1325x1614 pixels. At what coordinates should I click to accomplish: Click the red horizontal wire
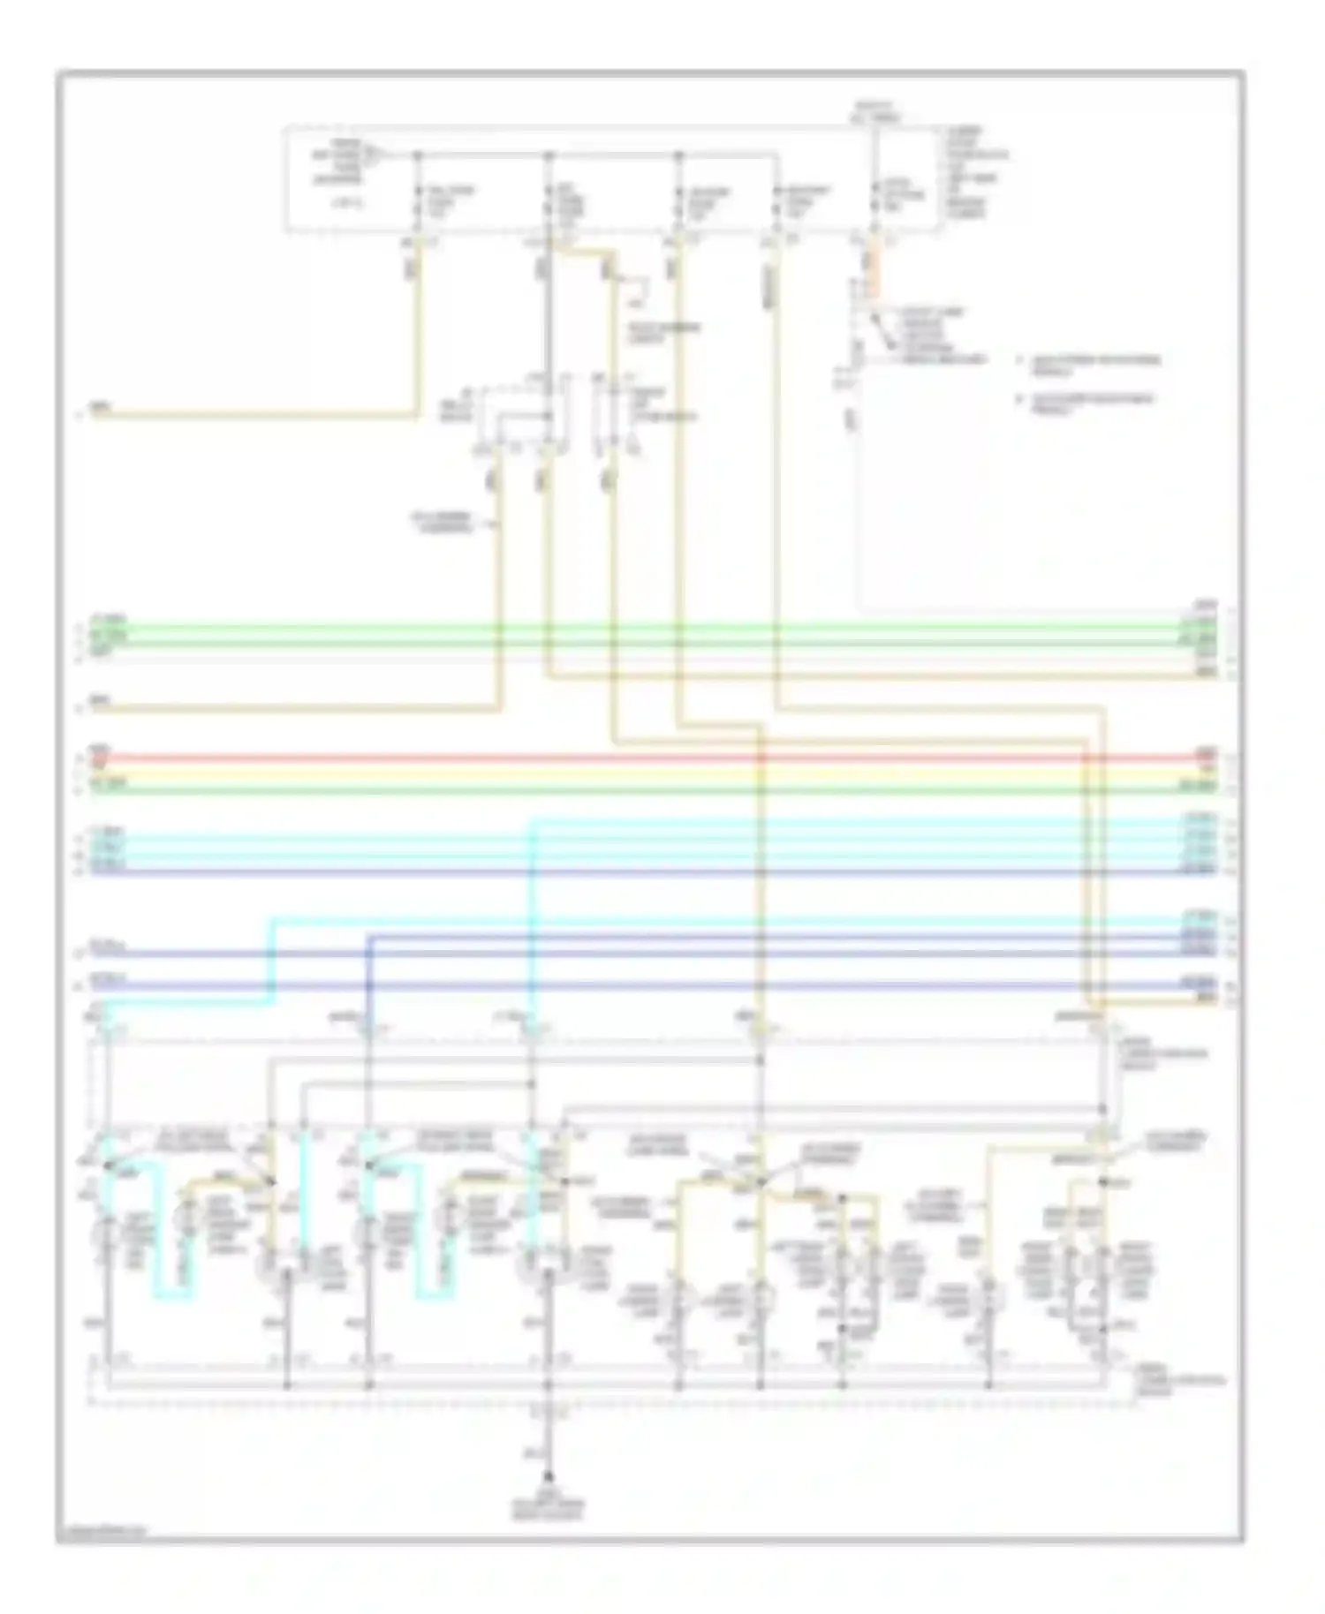pos(618,757)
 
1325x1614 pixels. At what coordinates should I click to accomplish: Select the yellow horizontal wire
pos(618,773)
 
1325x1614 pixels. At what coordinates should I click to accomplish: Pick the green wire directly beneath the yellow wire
pos(618,788)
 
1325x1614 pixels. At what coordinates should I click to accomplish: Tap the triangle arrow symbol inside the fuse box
pos(372,158)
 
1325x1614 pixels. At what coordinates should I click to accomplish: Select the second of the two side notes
pos(1091,403)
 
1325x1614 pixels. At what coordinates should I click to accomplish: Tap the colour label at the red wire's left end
pos(99,751)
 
